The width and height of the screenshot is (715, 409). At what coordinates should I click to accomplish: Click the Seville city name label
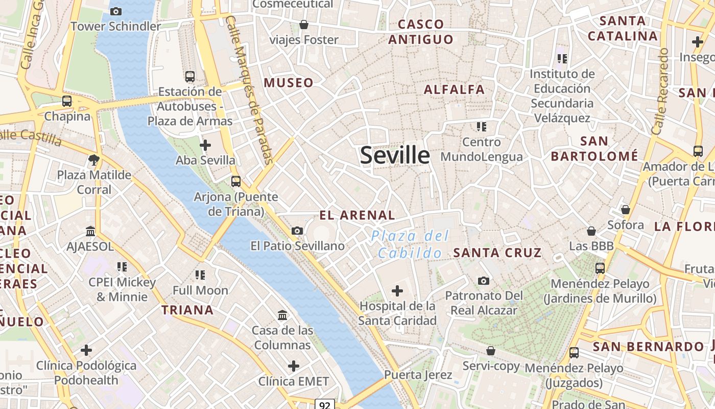coord(395,155)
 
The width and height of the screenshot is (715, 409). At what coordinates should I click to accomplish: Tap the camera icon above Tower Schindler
coord(116,11)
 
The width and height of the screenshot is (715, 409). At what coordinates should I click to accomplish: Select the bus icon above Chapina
coord(67,101)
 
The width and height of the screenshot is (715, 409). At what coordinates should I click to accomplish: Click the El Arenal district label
coord(357,215)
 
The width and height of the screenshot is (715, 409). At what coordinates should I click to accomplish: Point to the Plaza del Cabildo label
coord(410,244)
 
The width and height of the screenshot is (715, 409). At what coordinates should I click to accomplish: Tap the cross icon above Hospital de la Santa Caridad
coord(397,291)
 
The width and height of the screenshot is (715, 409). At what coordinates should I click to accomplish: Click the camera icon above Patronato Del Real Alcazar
coord(484,281)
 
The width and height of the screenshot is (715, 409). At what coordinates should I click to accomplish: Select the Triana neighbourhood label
coord(187,310)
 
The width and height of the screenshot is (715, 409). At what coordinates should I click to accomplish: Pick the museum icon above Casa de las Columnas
coord(282,315)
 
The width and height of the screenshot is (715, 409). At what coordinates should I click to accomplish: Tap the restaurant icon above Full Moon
coord(200,275)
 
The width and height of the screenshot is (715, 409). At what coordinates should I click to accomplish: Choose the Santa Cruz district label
coord(497,253)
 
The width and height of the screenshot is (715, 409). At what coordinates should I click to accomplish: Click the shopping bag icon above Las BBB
coord(591,231)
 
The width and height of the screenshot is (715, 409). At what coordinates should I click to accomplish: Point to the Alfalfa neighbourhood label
coord(454,89)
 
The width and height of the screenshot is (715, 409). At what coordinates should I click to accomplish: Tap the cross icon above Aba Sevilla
coord(205,145)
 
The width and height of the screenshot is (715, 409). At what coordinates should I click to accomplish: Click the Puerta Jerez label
coord(418,375)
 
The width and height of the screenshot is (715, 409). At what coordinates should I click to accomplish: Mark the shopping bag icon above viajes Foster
coord(304,25)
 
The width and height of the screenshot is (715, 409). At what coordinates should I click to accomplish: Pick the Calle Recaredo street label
coord(660,92)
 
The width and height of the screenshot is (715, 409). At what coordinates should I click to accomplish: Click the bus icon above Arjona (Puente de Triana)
coord(235,181)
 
